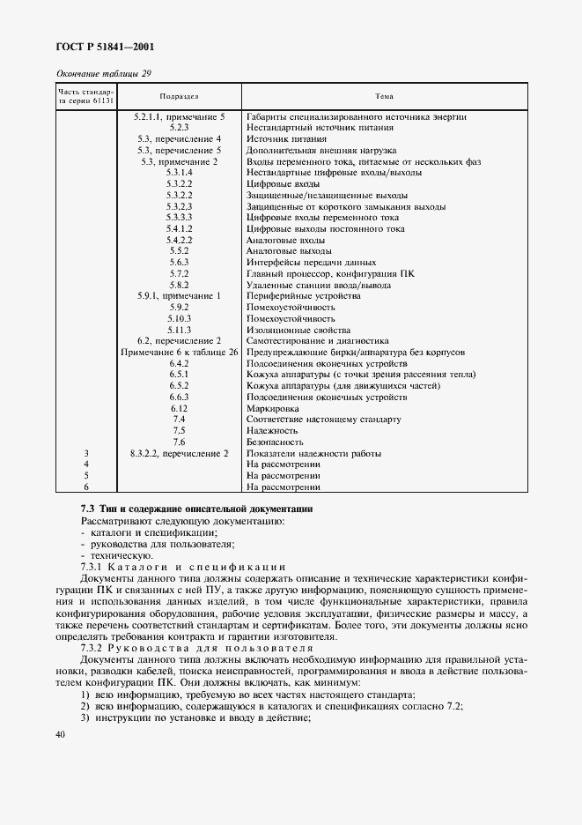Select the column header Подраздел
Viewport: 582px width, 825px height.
point(180,96)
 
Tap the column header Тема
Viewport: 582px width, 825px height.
point(385,96)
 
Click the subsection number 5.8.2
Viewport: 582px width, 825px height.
point(180,285)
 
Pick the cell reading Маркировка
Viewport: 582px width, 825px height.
point(273,408)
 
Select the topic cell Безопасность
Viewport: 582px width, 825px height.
point(276,442)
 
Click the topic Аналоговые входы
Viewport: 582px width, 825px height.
point(286,240)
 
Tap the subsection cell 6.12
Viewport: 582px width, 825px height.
point(180,408)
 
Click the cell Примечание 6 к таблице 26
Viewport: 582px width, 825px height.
point(180,352)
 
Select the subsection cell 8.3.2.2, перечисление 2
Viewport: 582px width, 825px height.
point(180,453)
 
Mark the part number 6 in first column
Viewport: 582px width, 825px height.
point(86,487)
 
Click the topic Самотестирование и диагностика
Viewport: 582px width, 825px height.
point(318,340)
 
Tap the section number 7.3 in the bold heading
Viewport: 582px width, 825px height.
point(87,510)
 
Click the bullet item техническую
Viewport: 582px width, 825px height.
point(114,556)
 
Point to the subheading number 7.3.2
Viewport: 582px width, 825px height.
point(93,647)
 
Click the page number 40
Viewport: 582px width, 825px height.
point(60,734)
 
